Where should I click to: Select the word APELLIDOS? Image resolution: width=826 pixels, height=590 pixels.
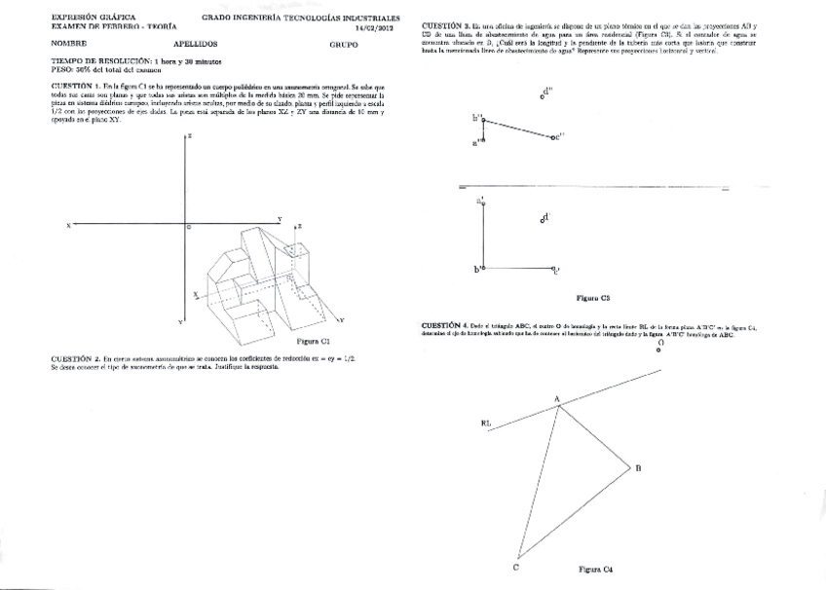195,45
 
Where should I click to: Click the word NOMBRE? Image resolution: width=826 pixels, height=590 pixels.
69,45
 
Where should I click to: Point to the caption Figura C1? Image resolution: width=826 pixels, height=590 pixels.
313,342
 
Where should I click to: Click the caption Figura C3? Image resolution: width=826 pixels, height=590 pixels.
592,296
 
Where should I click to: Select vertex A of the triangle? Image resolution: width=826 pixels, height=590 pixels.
557,405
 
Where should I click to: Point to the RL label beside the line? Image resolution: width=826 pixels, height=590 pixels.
487,423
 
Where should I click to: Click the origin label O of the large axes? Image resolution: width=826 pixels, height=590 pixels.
188,227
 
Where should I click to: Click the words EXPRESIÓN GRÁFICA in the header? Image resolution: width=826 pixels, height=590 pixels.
94,18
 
